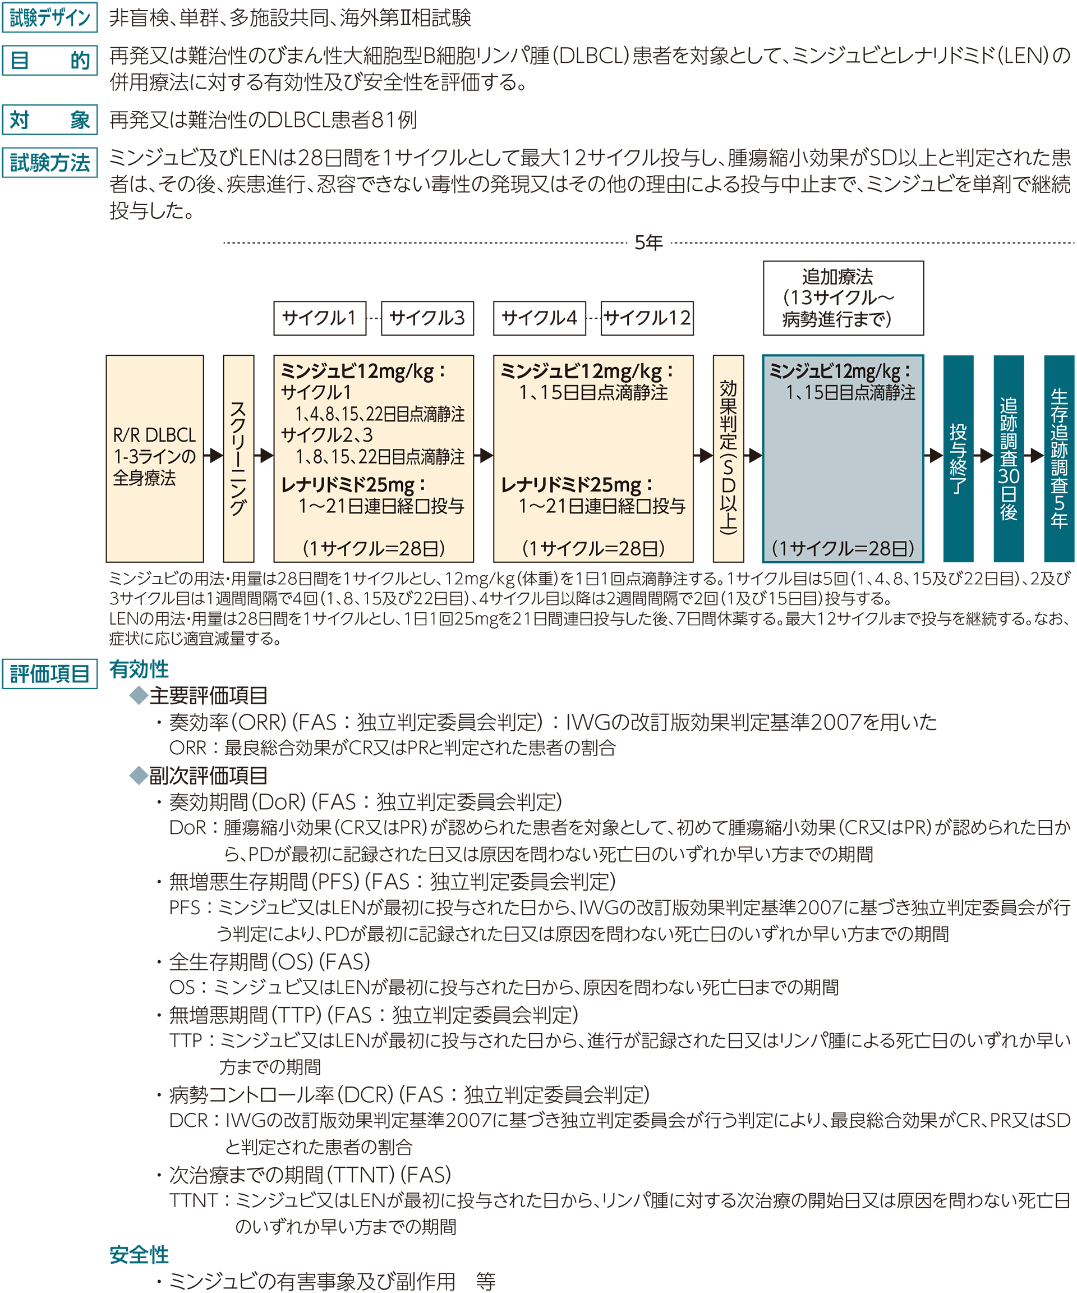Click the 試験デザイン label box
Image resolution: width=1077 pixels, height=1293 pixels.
[x=50, y=17]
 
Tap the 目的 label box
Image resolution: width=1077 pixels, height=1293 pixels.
[x=50, y=61]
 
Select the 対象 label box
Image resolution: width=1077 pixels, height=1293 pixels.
[x=50, y=120]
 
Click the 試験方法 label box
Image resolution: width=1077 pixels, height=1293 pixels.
[x=50, y=163]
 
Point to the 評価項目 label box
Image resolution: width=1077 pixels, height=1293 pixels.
[x=50, y=673]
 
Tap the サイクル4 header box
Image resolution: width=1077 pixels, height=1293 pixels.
[x=540, y=318]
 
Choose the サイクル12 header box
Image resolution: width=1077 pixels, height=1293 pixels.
[x=647, y=318]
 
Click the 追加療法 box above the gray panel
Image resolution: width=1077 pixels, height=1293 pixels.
[x=843, y=298]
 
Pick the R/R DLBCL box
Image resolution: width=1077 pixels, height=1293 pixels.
[x=154, y=458]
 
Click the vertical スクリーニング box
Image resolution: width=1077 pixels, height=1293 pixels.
[x=239, y=458]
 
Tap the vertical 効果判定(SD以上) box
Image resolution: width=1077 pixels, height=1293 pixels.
[x=729, y=458]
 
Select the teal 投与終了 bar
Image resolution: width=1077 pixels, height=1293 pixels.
[x=958, y=458]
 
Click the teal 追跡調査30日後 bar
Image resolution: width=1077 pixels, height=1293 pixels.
[x=1009, y=458]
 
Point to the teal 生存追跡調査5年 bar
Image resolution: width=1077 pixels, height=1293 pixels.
[x=1059, y=458]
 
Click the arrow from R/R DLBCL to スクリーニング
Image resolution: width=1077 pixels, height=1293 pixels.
[x=214, y=456]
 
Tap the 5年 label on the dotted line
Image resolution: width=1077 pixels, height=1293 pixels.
[x=648, y=242]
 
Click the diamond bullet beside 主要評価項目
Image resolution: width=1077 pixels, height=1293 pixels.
[x=139, y=696]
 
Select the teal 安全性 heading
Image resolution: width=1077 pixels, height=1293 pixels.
[x=139, y=1255]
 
